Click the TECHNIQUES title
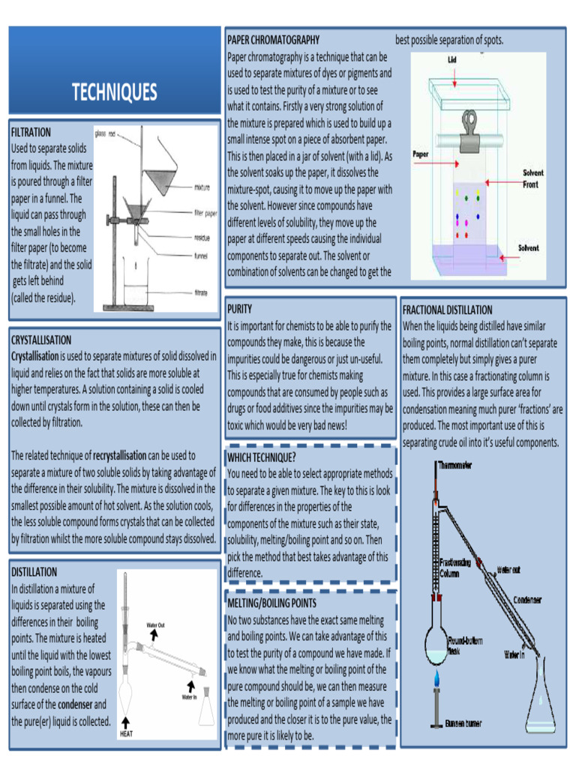point(114,92)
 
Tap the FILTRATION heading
point(31,132)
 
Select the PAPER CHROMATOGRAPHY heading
point(273,40)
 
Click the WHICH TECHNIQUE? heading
point(261,457)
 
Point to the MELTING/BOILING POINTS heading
point(271,603)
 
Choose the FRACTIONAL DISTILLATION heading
point(447,310)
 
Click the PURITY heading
point(239,308)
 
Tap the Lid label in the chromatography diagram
point(452,58)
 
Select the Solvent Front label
point(533,178)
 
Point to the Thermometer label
point(455,466)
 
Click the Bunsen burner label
point(463,723)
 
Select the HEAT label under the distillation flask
point(126,734)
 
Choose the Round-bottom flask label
point(463,646)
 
